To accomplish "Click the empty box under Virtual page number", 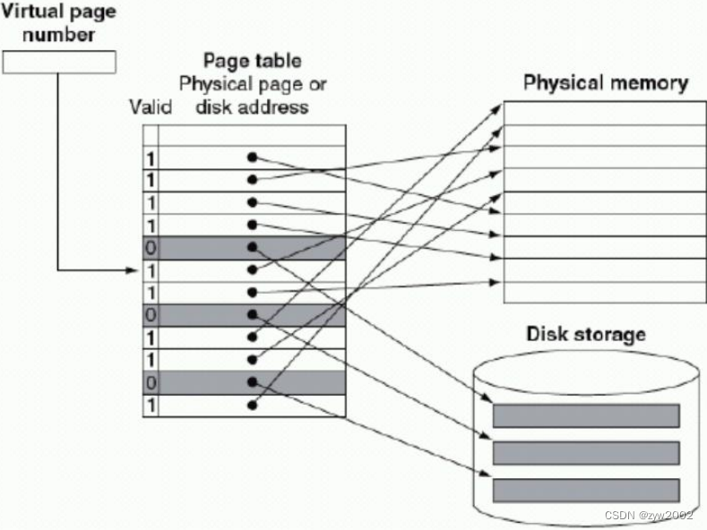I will click(x=59, y=62).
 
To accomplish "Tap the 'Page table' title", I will click(x=252, y=62).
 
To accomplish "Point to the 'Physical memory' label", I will click(x=605, y=84).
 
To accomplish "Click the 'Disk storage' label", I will click(x=585, y=335).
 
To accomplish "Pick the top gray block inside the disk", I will click(x=585, y=415).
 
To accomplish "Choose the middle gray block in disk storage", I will click(x=585, y=452).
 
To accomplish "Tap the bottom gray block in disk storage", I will click(x=585, y=490).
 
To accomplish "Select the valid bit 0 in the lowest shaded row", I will click(x=151, y=382).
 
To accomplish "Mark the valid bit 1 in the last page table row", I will click(x=151, y=405).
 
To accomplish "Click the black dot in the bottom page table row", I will click(x=254, y=405).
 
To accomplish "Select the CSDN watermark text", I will click(x=650, y=516).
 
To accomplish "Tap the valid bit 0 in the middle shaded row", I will click(x=151, y=314).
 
